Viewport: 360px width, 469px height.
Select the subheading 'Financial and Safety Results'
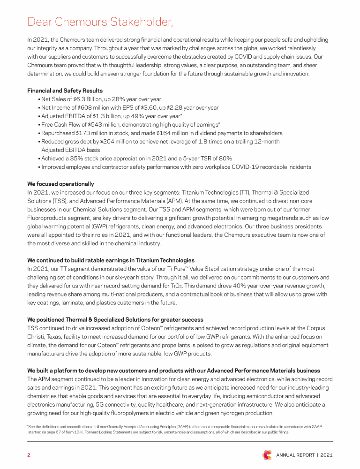[65, 91]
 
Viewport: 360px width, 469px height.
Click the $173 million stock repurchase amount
[90, 133]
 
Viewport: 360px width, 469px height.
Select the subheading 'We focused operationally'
[60, 184]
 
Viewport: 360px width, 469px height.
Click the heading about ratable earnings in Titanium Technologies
[111, 260]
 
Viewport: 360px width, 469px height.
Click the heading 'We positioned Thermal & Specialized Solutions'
[115, 320]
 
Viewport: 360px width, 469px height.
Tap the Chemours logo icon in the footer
[267, 455]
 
